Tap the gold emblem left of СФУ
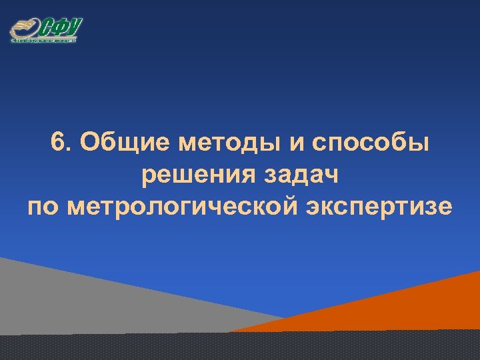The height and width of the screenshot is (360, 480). click(24, 29)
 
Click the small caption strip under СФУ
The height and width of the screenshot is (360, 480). click(44, 41)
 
